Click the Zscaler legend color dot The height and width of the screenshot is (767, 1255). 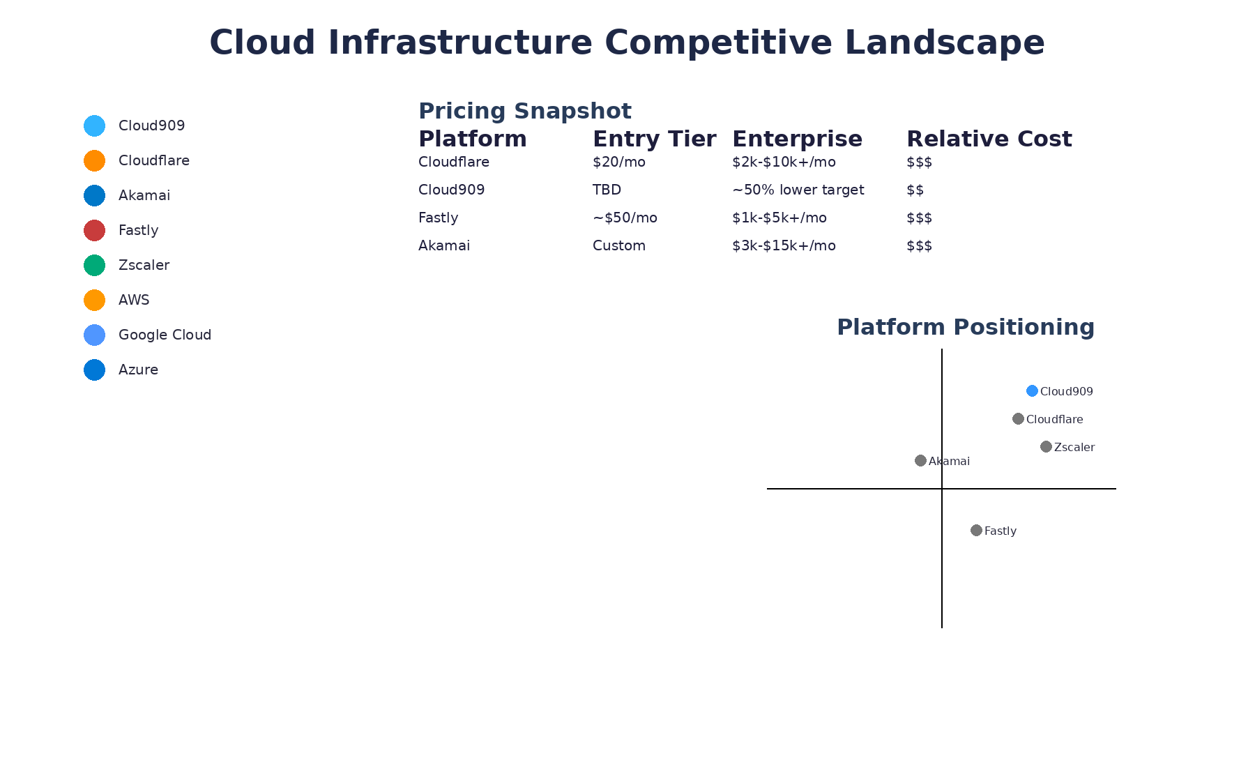94,265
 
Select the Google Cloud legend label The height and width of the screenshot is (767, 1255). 165,335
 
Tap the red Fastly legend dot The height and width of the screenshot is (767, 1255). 94,230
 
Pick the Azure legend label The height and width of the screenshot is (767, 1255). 138,370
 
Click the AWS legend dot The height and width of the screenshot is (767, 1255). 94,300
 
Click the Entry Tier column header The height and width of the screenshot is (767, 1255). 654,139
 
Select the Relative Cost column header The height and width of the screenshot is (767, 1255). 989,139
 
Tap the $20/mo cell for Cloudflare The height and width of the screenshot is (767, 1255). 618,162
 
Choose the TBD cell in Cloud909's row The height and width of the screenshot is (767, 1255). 607,190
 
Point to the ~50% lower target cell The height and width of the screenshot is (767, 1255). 798,190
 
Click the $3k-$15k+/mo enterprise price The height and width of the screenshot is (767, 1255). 784,245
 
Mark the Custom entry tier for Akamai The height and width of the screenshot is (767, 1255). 618,245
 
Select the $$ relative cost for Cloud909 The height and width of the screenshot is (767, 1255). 915,190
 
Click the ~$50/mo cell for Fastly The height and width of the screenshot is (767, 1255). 625,218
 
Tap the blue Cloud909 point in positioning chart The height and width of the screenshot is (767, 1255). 1032,390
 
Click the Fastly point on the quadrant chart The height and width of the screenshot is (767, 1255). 976,530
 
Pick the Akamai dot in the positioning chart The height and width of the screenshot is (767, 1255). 920,460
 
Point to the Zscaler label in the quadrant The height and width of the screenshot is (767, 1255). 1074,447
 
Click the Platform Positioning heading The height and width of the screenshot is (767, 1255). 965,327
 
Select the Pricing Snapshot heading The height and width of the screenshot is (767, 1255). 524,111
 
